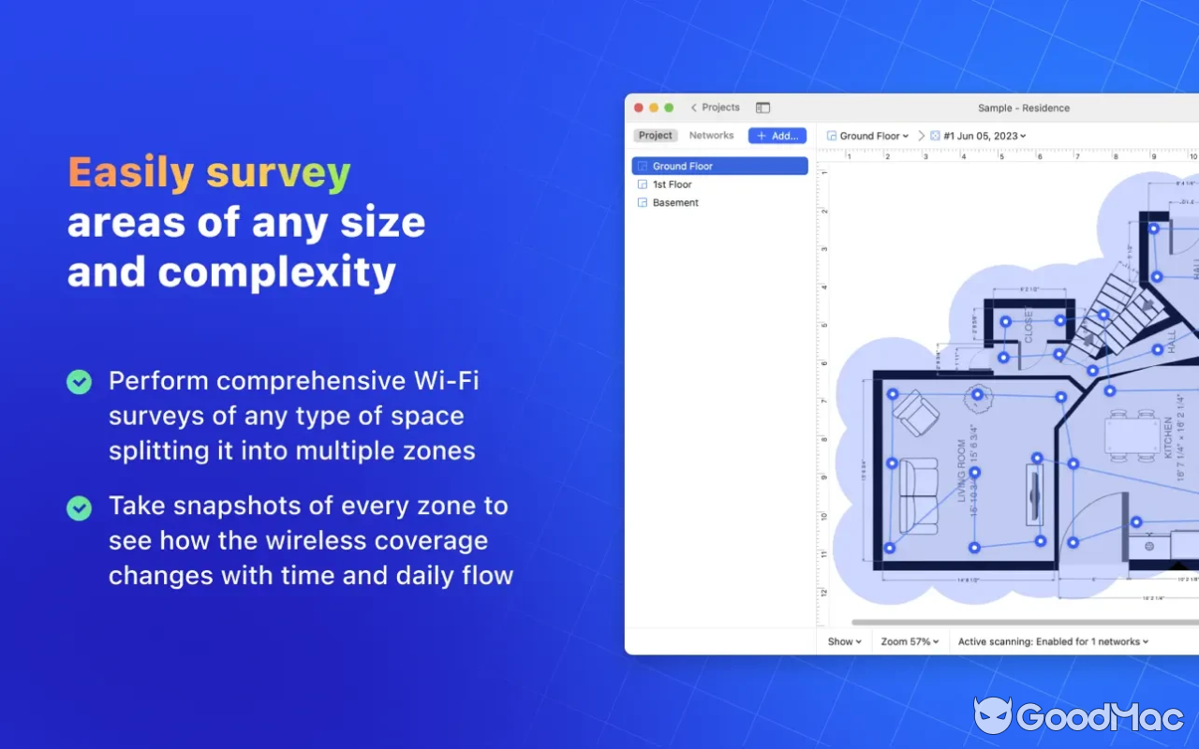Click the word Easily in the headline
130,173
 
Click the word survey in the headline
278,174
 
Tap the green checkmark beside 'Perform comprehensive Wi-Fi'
79,382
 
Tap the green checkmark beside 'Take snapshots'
79,507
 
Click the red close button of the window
640,108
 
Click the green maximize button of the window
669,108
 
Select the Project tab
656,136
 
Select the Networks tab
711,136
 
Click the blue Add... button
777,136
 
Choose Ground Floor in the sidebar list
683,166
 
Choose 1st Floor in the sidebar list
672,184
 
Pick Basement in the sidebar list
675,202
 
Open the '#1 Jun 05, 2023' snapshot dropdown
984,136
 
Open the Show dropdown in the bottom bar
844,641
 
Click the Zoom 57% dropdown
910,641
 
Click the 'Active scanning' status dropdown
1053,641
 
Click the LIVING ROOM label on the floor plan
962,471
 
